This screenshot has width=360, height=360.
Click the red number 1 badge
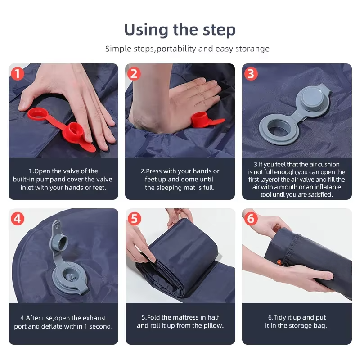pyautogui.click(x=18, y=74)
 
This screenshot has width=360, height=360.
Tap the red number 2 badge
pyautogui.click(x=134, y=74)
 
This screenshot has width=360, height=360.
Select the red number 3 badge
pyautogui.click(x=251, y=74)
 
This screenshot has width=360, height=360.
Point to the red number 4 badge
pyautogui.click(x=18, y=219)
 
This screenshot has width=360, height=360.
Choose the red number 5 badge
pyautogui.click(x=134, y=219)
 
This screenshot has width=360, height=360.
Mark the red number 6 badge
pyautogui.click(x=251, y=218)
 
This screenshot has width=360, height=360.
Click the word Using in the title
pyautogui.click(x=147, y=30)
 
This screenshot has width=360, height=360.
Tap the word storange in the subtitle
pyautogui.click(x=252, y=49)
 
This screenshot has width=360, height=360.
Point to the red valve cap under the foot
pyautogui.click(x=200, y=119)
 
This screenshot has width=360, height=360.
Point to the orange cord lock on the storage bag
pyautogui.click(x=279, y=262)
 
